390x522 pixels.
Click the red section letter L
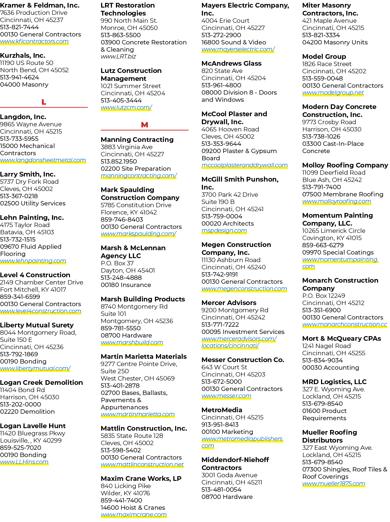pyautogui.click(x=44, y=102)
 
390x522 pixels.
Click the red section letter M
pyautogui.click(x=144, y=125)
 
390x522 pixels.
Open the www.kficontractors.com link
pyautogui.click(x=34, y=42)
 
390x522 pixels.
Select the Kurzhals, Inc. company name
pyautogui.click(x=23, y=55)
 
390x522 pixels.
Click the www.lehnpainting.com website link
pyautogui.click(x=33, y=261)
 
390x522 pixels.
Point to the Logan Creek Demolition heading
pyautogui.click(x=42, y=382)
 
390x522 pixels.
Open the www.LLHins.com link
pyautogui.click(x=24, y=462)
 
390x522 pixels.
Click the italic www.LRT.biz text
pyautogui.click(x=118, y=57)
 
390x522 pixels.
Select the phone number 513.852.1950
pyautogui.click(x=119, y=161)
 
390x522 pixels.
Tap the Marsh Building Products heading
pyautogui.click(x=143, y=299)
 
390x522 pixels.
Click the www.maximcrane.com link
pyautogui.click(x=134, y=515)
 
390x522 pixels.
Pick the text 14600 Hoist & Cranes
pyautogui.click(x=133, y=508)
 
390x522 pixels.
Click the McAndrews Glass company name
pyautogui.click(x=231, y=64)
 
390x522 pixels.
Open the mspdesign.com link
pyautogui.click(x=224, y=231)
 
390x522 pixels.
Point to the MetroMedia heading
pyautogui.click(x=222, y=410)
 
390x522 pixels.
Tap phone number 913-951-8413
pyautogui.click(x=220, y=425)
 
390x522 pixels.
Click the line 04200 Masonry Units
pyautogui.click(x=335, y=42)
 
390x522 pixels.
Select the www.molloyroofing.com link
pyautogui.click(x=337, y=201)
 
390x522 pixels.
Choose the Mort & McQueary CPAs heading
pyautogui.click(x=342, y=338)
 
